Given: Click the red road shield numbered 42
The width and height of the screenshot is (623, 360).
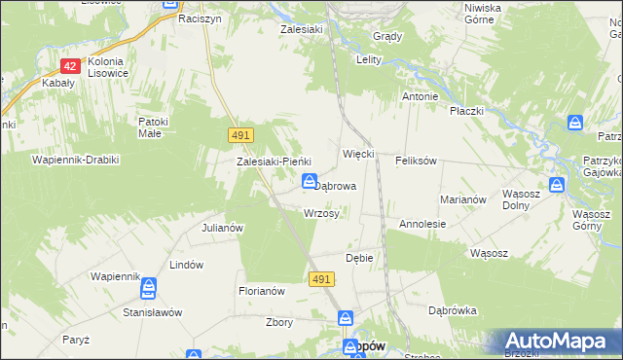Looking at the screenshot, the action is click(69, 66).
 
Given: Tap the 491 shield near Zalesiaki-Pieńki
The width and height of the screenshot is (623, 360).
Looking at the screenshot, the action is click(242, 134).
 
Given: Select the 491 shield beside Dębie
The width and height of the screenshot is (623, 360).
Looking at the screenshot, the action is click(323, 279).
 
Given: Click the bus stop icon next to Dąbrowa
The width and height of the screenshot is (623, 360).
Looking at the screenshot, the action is click(309, 182).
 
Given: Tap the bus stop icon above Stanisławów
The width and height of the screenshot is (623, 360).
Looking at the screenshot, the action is click(149, 289).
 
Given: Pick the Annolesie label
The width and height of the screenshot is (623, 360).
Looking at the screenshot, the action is click(422, 224).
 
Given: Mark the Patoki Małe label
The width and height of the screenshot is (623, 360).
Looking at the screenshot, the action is click(154, 127).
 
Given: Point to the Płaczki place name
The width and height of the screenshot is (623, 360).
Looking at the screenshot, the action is click(467, 111).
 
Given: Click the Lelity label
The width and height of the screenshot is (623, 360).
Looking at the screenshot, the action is click(367, 59).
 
